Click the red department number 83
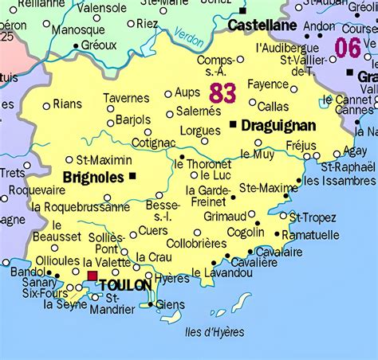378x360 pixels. [222, 92]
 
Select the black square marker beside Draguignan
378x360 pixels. [233, 125]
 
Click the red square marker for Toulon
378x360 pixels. [93, 276]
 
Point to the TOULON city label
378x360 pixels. [125, 284]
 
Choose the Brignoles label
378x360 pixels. [93, 176]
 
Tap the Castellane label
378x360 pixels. [262, 25]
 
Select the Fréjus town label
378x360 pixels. [300, 146]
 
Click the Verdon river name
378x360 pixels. [189, 37]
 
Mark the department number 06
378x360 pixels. [348, 48]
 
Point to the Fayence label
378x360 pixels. [267, 84]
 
